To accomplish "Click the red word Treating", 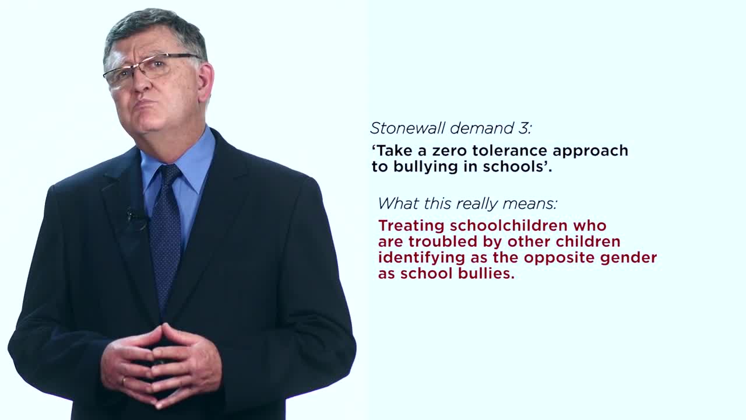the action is click(x=411, y=226).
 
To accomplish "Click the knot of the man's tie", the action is click(x=171, y=175).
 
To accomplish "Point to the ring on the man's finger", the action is click(x=124, y=381).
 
